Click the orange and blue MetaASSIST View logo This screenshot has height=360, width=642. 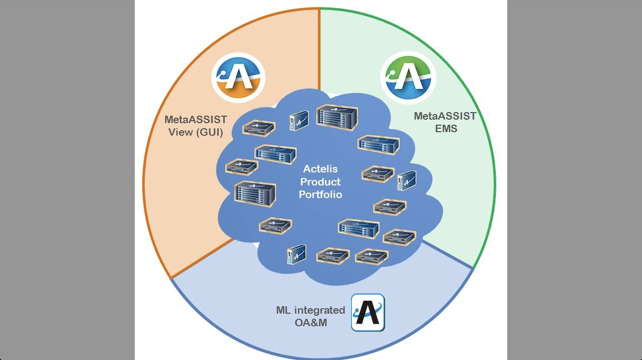238,78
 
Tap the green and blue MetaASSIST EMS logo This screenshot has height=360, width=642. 408,77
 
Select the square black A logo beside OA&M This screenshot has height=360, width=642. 368,312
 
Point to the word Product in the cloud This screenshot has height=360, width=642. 320,182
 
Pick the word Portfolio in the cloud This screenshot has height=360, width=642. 320,194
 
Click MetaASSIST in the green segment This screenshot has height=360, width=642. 445,116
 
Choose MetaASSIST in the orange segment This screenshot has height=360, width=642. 196,120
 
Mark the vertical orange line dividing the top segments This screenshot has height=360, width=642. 319,50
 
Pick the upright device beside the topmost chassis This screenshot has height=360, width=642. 299,120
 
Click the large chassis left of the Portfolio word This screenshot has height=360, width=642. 255,192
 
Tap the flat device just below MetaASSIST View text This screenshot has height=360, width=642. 259,129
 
